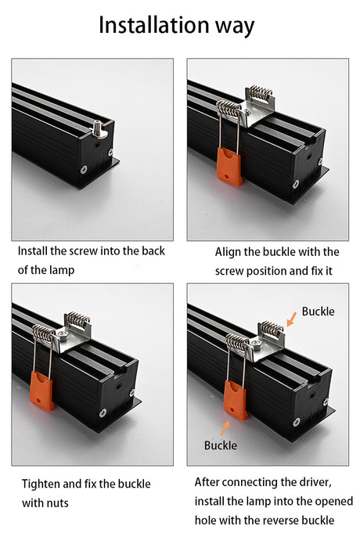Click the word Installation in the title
click(153, 25)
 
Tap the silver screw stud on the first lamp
click(98, 128)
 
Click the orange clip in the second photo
click(229, 167)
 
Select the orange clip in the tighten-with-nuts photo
click(42, 391)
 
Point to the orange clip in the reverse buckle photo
click(235, 400)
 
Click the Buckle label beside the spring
click(318, 312)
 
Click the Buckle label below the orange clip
click(221, 445)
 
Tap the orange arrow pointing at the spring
click(292, 319)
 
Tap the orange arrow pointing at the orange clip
click(225, 428)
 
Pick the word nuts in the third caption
click(57, 503)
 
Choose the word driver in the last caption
click(315, 483)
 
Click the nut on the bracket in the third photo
click(63, 333)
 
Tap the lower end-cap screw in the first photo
click(84, 170)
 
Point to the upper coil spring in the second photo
click(261, 92)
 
